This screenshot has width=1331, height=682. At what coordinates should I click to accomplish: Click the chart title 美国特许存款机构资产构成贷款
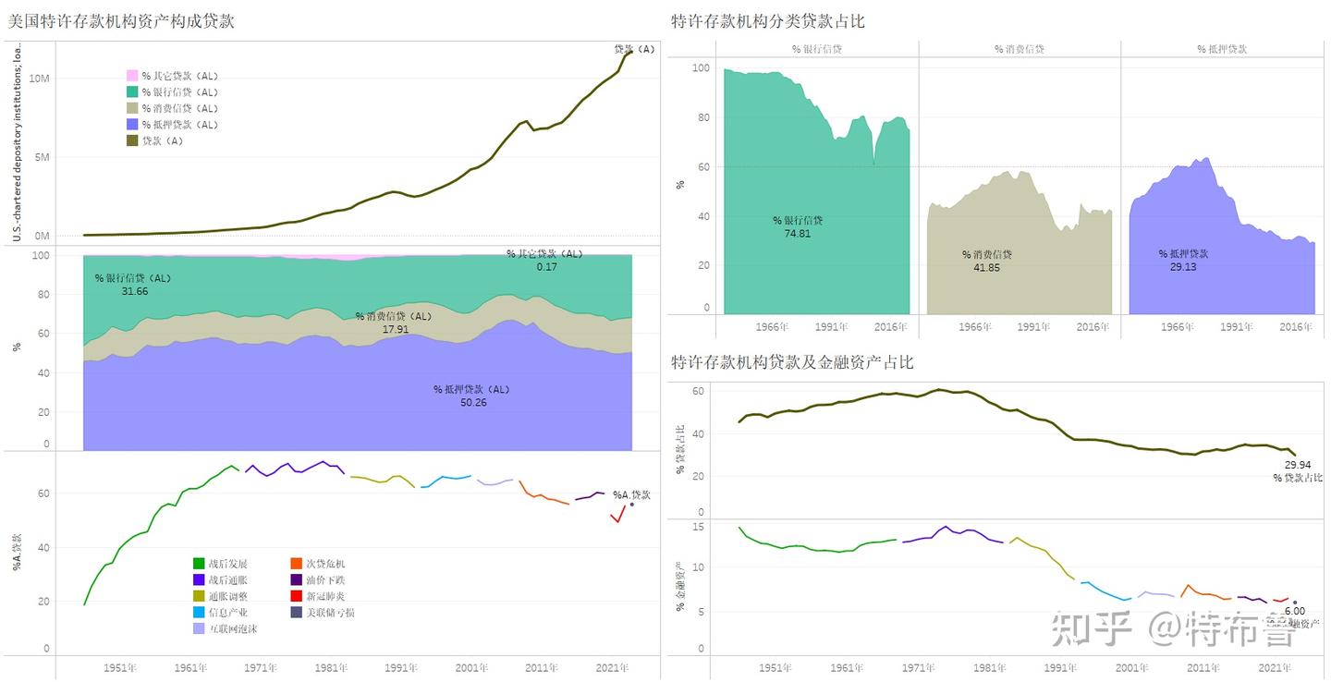[x=121, y=21]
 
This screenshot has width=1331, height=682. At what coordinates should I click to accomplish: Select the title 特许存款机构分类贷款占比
[x=767, y=21]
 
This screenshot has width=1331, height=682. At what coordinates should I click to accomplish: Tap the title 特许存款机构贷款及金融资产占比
[x=791, y=362]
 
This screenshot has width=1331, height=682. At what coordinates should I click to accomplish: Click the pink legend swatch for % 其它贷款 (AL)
[x=132, y=76]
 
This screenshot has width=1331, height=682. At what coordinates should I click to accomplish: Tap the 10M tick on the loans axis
[x=39, y=79]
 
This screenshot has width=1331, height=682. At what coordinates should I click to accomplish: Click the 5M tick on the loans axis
[x=42, y=157]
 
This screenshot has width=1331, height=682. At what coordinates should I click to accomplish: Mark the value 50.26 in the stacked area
[x=472, y=402]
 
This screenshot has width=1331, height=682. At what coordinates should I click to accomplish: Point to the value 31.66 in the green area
[x=134, y=291]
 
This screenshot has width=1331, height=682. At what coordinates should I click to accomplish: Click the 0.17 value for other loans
[x=546, y=266]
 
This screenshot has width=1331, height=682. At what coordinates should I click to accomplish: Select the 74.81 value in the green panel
[x=797, y=234]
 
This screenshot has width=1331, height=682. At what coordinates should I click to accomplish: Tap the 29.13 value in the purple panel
[x=1183, y=266]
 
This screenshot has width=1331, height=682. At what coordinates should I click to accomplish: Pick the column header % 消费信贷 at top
[x=1019, y=49]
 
